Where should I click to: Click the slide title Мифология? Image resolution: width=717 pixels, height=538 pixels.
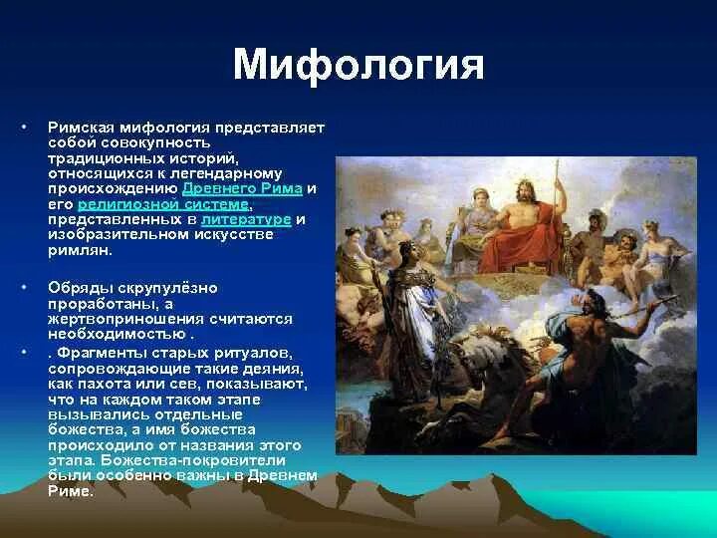358,65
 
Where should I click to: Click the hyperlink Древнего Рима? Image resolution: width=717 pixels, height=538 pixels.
242,188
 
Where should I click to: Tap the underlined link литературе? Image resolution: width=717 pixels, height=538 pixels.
246,218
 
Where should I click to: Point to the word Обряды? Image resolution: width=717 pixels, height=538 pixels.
77,287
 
